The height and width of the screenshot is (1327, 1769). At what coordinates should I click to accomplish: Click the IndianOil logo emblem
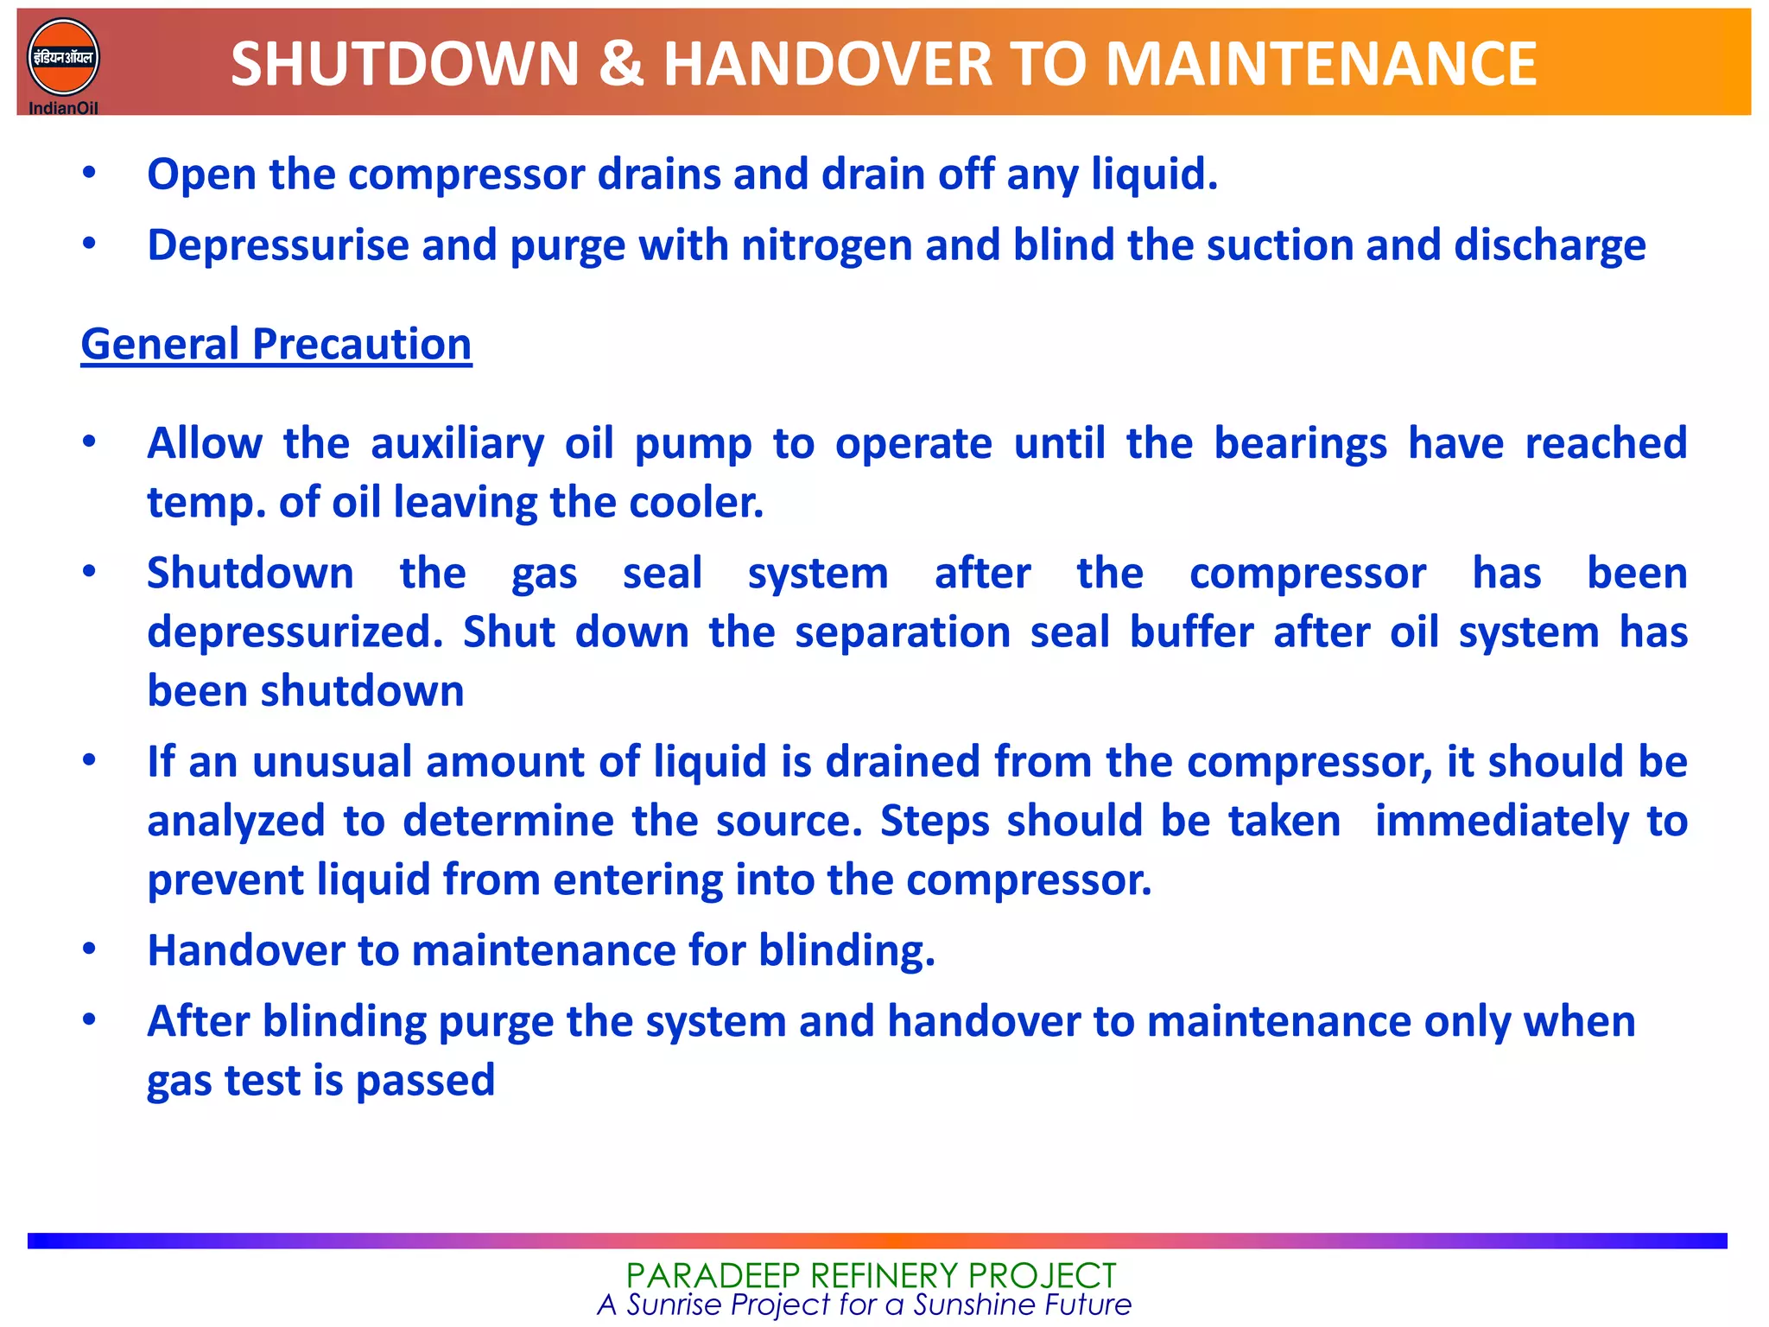point(63,58)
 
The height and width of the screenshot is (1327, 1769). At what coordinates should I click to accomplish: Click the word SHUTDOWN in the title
point(405,65)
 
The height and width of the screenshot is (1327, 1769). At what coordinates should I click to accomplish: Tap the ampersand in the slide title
point(620,65)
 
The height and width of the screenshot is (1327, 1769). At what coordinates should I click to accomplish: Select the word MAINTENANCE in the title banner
point(1321,65)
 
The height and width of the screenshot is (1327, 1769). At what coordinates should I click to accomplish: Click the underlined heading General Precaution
point(276,345)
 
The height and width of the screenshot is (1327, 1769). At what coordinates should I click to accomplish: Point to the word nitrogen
point(827,245)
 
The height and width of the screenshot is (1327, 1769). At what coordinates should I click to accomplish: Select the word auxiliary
point(458,444)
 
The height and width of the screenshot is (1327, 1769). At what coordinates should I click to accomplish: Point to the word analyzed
point(236,821)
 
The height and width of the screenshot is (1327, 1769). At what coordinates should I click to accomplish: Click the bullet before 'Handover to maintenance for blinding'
point(89,949)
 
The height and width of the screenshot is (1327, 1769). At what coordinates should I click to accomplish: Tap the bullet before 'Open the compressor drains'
point(89,173)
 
